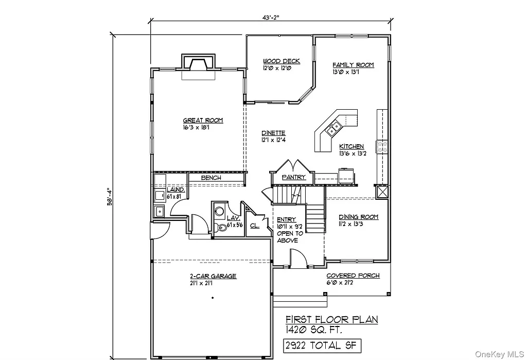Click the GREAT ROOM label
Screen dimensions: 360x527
[x=203, y=121]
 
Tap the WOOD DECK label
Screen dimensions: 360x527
[x=281, y=61]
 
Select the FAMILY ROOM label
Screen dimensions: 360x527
[x=353, y=65]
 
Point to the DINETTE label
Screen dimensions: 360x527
[x=273, y=133]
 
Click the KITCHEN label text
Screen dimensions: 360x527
[x=351, y=147]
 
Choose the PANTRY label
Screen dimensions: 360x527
[x=293, y=177]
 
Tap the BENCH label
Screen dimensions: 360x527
[x=211, y=178]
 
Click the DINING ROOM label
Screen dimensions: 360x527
[x=358, y=217]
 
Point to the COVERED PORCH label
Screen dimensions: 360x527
[x=353, y=276]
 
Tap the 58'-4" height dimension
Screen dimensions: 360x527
[x=109, y=196]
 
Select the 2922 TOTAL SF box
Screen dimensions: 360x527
[x=322, y=344]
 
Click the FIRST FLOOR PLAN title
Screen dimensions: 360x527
[x=331, y=319]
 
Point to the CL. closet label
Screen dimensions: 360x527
[x=254, y=226]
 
